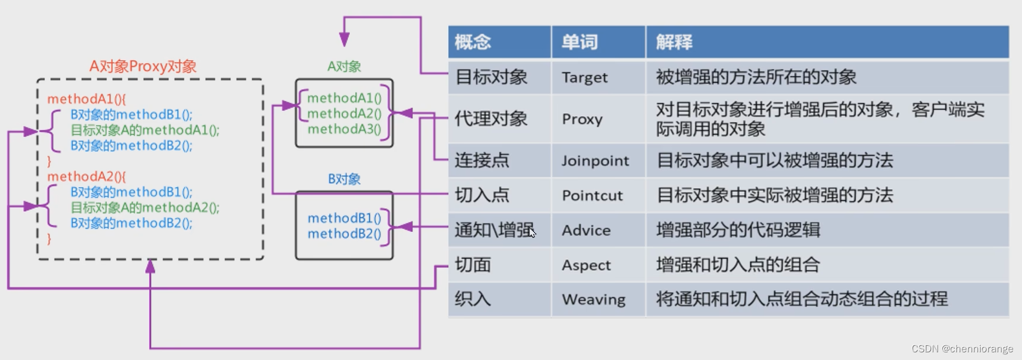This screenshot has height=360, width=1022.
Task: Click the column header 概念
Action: pyautogui.click(x=473, y=42)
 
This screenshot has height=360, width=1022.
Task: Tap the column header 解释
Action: pyautogui.click(x=674, y=42)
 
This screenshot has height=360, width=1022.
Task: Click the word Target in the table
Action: pyautogui.click(x=584, y=77)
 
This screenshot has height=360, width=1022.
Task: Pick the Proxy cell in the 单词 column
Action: pyautogui.click(x=582, y=119)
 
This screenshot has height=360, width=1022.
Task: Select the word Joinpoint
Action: pyautogui.click(x=595, y=161)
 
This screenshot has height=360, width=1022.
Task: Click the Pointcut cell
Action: pyautogui.click(x=592, y=195)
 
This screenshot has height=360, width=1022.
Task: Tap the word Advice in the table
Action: pyautogui.click(x=586, y=230)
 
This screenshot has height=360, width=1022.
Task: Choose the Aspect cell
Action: pyautogui.click(x=586, y=265)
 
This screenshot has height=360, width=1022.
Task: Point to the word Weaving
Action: pyautogui.click(x=593, y=299)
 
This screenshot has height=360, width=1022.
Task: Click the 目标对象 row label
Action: pyautogui.click(x=491, y=77)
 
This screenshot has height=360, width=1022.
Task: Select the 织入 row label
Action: pyautogui.click(x=473, y=299)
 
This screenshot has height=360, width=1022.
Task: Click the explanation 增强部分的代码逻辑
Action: pyautogui.click(x=738, y=230)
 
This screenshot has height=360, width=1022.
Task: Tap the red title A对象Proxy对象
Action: pyautogui.click(x=143, y=66)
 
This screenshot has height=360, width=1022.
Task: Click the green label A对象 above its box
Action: pyautogui.click(x=344, y=67)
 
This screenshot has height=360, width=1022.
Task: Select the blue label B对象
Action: pyautogui.click(x=344, y=179)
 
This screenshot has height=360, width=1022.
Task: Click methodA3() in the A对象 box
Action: pyautogui.click(x=344, y=129)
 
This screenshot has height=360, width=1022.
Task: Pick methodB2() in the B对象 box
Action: pyautogui.click(x=344, y=234)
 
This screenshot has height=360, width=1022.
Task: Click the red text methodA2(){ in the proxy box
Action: pyautogui.click(x=86, y=176)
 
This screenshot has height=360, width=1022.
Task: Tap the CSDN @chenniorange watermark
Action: pyautogui.click(x=962, y=349)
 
